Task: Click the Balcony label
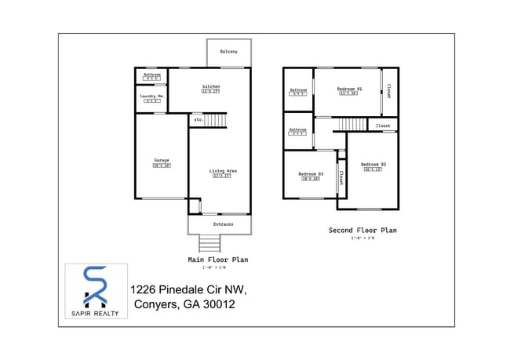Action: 228,52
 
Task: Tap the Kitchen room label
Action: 210,86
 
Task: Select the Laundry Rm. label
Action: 151,96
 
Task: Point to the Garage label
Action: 161,161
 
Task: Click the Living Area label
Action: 223,171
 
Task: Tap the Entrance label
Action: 223,224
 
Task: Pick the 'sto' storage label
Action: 198,120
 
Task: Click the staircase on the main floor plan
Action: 215,120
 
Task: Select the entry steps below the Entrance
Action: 209,243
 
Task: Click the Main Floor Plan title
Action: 218,259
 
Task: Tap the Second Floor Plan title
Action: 362,231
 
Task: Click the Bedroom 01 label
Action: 348,89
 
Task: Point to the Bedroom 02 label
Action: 373,164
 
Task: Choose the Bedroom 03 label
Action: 310,173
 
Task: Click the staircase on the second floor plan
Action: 352,124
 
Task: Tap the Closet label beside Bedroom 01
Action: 388,90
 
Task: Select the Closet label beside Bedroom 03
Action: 341,177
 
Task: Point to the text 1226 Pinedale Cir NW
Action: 183,289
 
